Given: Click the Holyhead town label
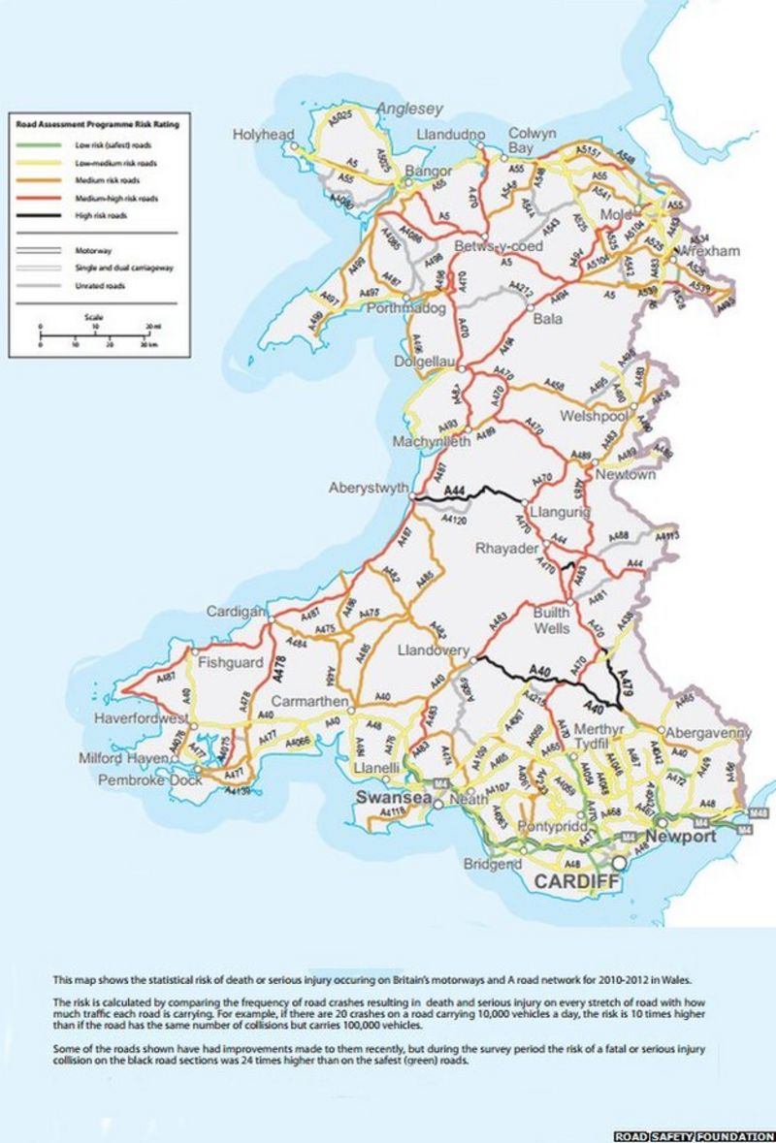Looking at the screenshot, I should (x=262, y=135).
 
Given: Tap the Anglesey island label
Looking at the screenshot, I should (x=409, y=109).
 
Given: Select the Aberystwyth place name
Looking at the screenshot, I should (x=369, y=488).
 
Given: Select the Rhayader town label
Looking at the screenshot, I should (x=505, y=549).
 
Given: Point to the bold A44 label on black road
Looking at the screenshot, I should (x=455, y=493).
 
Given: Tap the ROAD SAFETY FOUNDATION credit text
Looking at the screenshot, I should (x=693, y=1134).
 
